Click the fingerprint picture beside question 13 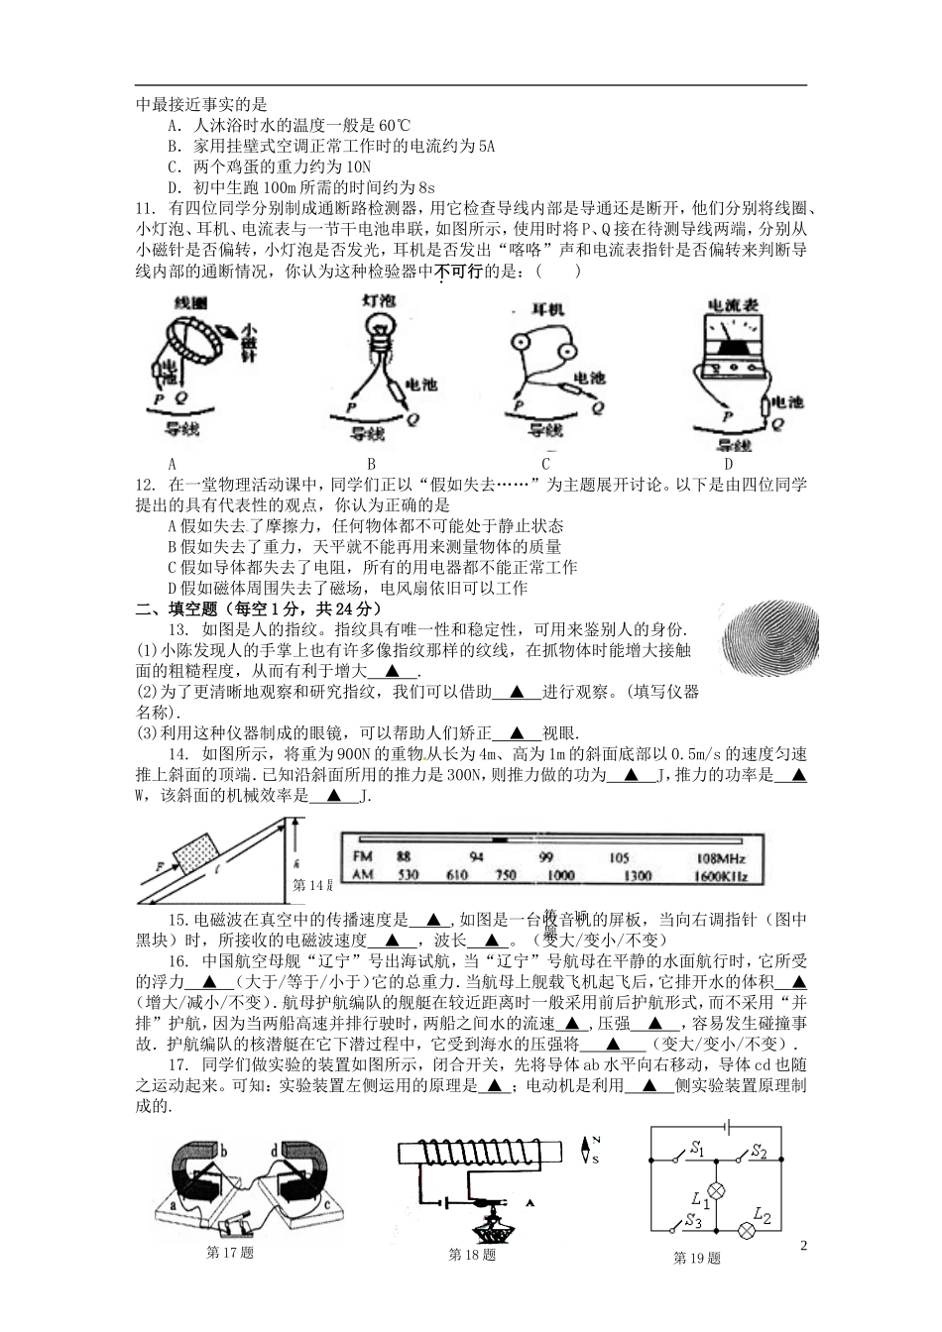(772, 640)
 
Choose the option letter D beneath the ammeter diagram (728, 463)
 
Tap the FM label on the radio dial (362, 857)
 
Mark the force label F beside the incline (157, 864)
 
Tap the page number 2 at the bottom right (804, 1245)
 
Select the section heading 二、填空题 (177, 609)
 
